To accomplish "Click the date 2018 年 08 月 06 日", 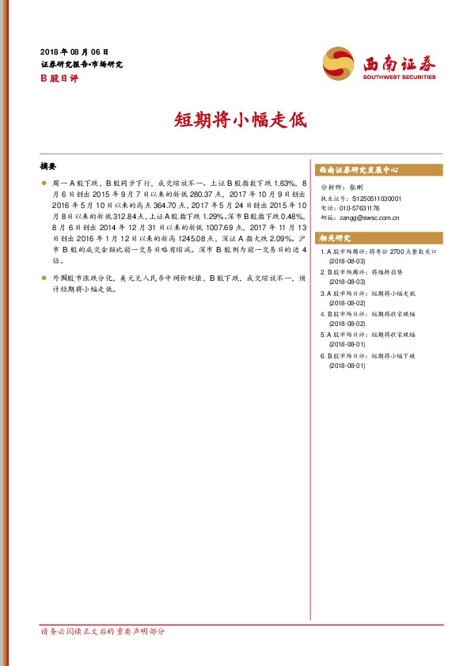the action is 74,50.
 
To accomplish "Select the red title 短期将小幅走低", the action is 235,120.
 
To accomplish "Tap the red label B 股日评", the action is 55,78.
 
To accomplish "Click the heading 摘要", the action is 49,168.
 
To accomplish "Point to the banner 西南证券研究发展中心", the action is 358,170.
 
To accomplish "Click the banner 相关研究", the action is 334,237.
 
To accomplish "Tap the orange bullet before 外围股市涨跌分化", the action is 43,278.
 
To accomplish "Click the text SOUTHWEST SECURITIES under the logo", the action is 399,78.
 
